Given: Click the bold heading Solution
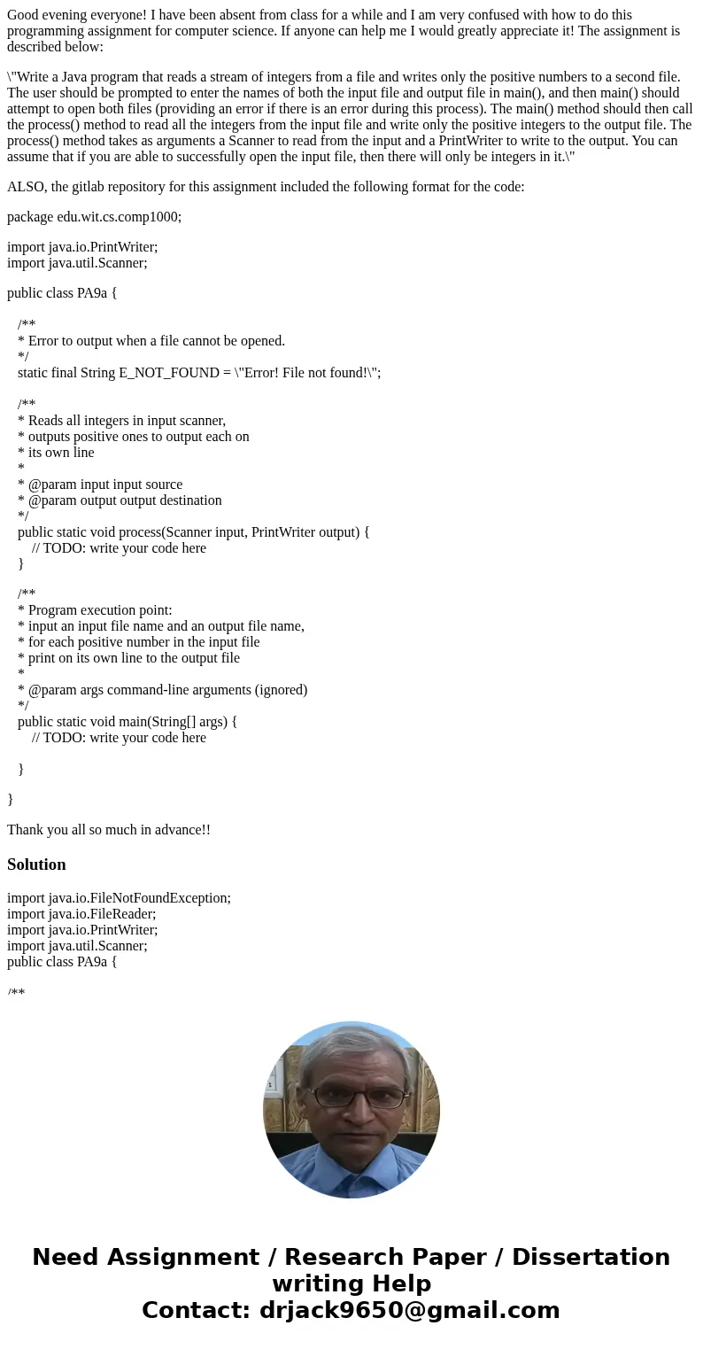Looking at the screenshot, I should (x=36, y=864).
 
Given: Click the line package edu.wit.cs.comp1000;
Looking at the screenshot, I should (x=94, y=217).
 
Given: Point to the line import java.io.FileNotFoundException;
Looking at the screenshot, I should (x=119, y=898).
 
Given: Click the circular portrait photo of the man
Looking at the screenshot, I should (x=351, y=1110).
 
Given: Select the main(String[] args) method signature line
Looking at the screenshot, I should (x=127, y=722).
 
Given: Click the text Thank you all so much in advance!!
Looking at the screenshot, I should (x=109, y=830).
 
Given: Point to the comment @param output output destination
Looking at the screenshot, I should (x=125, y=500).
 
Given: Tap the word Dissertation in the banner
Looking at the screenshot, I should (x=591, y=1258).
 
